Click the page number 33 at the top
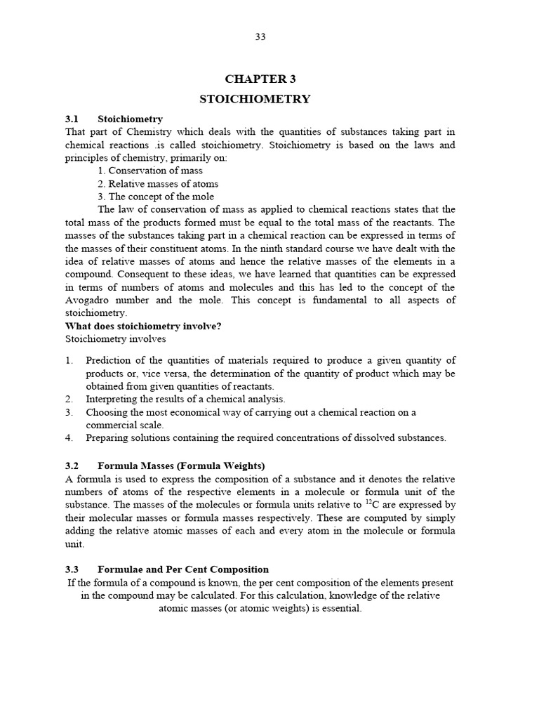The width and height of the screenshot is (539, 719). pos(260,37)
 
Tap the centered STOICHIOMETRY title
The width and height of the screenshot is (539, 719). pos(255,99)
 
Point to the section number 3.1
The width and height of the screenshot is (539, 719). pos(73,119)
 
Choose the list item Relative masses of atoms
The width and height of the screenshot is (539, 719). pos(158,184)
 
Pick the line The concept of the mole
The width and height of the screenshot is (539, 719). pos(156,197)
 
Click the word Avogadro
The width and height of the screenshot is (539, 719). pos(87,300)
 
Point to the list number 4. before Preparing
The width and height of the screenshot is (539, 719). pos(69,437)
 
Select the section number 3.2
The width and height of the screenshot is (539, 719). pos(73,466)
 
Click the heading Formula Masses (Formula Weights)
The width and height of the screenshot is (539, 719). pos(181,466)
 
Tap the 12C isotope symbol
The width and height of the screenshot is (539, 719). pos(372,504)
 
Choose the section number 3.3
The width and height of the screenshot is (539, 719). pos(73,569)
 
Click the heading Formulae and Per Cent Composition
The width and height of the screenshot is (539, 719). pos(183,569)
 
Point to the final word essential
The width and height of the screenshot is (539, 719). pos(340,609)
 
